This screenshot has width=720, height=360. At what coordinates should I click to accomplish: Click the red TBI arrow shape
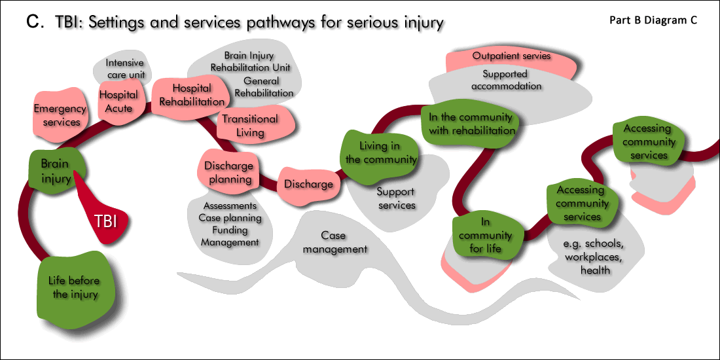(x=105, y=219)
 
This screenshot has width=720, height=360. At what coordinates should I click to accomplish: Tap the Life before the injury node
(x=75, y=287)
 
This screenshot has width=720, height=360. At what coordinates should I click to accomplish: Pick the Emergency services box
(x=60, y=115)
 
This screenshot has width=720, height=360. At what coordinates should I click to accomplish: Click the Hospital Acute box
(x=119, y=101)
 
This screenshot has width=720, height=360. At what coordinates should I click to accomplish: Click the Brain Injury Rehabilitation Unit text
(x=250, y=62)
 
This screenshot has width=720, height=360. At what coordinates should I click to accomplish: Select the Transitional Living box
(x=250, y=125)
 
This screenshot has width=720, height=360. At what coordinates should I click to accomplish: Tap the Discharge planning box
(x=228, y=172)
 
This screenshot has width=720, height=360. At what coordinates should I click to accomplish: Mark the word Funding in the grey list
(x=230, y=230)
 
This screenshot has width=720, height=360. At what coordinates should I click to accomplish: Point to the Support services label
(x=396, y=198)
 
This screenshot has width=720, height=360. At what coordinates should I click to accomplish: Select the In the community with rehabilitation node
(x=471, y=123)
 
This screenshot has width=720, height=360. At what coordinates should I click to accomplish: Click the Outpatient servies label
(x=511, y=56)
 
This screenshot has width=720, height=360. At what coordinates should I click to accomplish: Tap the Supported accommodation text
(x=513, y=80)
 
